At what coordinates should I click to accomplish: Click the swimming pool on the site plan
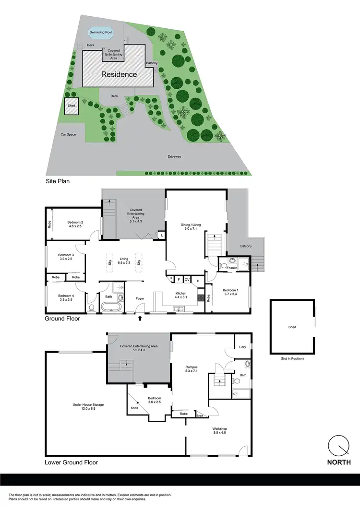[101, 34]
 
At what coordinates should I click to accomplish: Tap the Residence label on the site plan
[119, 74]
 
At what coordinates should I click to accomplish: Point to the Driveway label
[174, 157]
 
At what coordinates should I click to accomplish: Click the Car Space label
[68, 134]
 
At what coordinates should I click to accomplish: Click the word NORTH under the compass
[338, 462]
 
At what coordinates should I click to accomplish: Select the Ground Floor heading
[62, 319]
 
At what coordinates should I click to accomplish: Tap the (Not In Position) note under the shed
[292, 359]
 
